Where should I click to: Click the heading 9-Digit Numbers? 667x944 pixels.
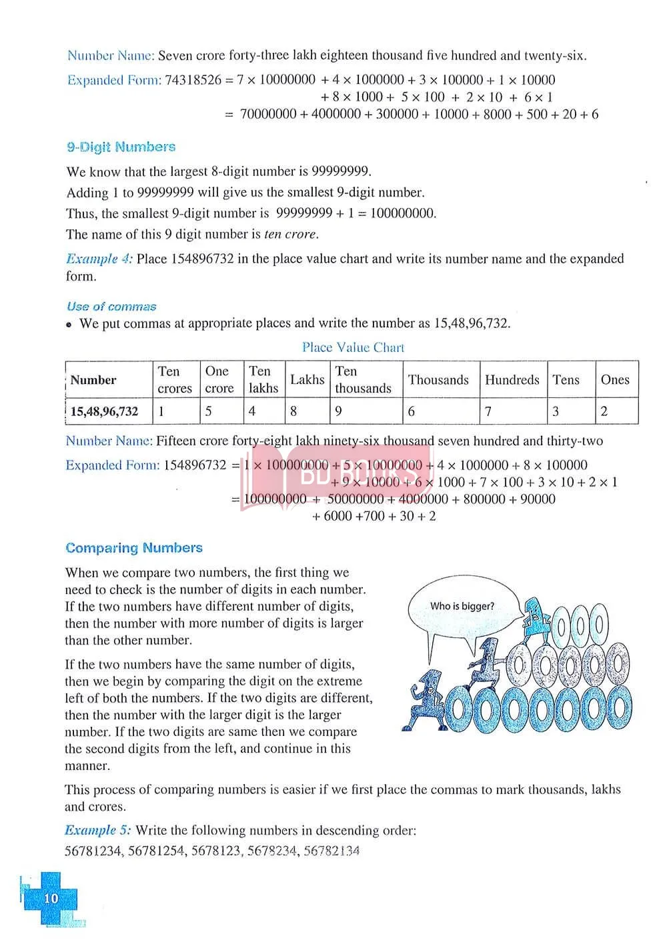pos(121,147)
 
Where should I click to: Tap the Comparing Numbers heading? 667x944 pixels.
pos(134,548)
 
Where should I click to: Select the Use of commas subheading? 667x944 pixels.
pos(111,307)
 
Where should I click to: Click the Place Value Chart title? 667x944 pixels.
pos(353,347)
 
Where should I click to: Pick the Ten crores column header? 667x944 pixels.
pos(175,379)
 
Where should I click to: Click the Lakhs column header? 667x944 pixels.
pos(307,379)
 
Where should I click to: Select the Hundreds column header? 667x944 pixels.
pos(512,379)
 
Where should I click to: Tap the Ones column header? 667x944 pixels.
pos(614,379)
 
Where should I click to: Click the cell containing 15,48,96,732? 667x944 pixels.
pos(105,411)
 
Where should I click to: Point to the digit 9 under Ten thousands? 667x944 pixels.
pos(339,411)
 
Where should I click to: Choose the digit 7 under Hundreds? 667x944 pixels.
pos(488,411)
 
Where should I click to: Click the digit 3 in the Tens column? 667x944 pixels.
pos(556,411)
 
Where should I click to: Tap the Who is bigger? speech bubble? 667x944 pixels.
pos(462,607)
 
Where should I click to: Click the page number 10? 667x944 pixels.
pos(51,898)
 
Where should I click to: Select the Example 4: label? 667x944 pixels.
pos(99,259)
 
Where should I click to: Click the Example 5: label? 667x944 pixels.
pos(98,831)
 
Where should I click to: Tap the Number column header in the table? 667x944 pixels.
pos(93,380)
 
